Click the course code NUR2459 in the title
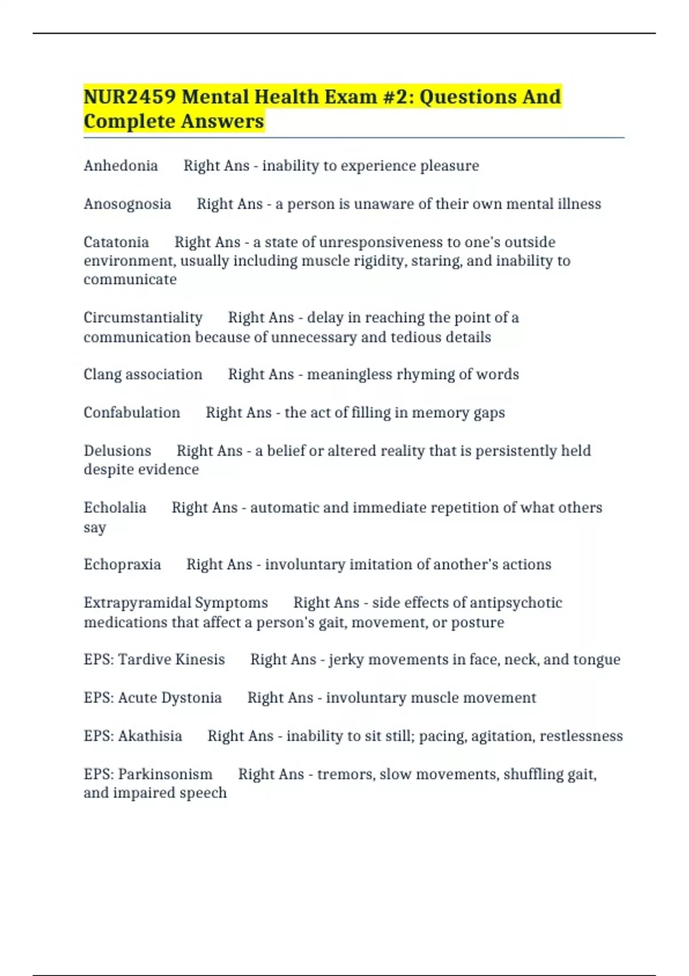pyautogui.click(x=129, y=97)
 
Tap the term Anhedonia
pyautogui.click(x=121, y=166)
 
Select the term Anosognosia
pyautogui.click(x=127, y=204)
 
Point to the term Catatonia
pyautogui.click(x=116, y=242)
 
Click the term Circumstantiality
pyautogui.click(x=143, y=318)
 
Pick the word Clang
pyautogui.click(x=102, y=375)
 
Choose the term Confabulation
pyautogui.click(x=132, y=413)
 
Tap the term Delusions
pyautogui.click(x=117, y=451)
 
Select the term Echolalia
pyautogui.click(x=115, y=508)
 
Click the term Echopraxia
pyautogui.click(x=122, y=565)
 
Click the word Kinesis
pyautogui.click(x=200, y=660)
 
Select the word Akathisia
pyautogui.click(x=150, y=736)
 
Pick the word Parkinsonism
pyautogui.click(x=165, y=774)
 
